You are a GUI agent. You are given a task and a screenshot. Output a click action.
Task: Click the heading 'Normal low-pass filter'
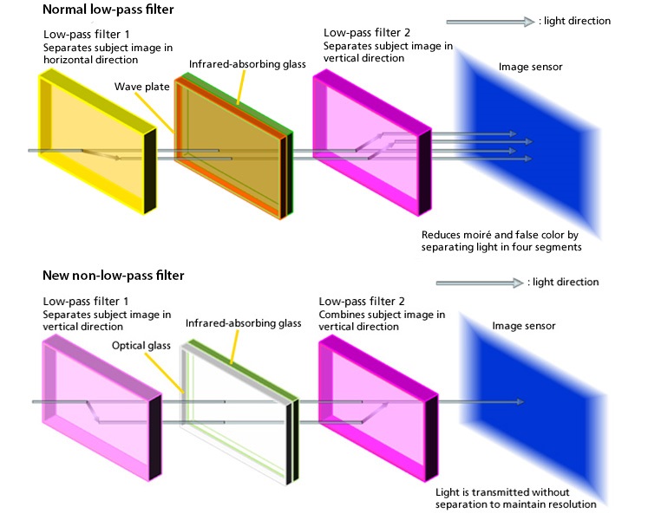pyautogui.click(x=108, y=11)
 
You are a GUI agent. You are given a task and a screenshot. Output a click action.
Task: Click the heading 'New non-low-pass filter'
pyautogui.click(x=114, y=276)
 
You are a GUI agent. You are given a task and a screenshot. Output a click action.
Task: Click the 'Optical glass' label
pyautogui.click(x=141, y=345)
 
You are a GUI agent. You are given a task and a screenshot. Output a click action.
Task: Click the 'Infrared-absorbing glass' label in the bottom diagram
pyautogui.click(x=243, y=323)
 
